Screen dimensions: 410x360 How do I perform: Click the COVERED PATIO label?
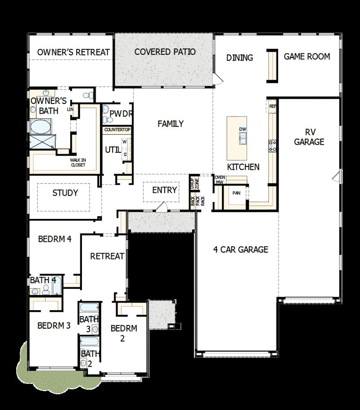click(165, 52)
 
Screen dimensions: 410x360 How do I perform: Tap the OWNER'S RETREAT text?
click(73, 52)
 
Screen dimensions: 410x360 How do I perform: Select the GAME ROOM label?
click(307, 57)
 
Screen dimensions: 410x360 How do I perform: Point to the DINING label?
click(239, 58)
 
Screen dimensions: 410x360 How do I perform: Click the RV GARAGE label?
click(309, 137)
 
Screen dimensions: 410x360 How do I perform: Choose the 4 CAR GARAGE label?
click(241, 250)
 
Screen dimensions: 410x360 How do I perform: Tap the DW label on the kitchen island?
click(243, 129)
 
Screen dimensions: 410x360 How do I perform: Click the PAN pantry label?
click(236, 193)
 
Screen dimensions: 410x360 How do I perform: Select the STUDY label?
click(65, 193)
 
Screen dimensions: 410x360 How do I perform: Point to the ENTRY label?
click(164, 190)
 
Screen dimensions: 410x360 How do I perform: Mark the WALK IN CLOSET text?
click(78, 162)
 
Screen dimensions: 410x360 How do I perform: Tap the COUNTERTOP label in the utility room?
click(117, 130)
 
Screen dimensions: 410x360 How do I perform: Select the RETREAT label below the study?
click(107, 256)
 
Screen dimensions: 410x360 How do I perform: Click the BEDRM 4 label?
click(55, 239)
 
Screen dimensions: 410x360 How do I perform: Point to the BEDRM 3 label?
click(54, 325)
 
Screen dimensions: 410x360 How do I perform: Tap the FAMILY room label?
click(171, 124)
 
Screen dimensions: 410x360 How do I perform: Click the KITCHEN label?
click(243, 167)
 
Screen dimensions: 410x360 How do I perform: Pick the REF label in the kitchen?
click(272, 107)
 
